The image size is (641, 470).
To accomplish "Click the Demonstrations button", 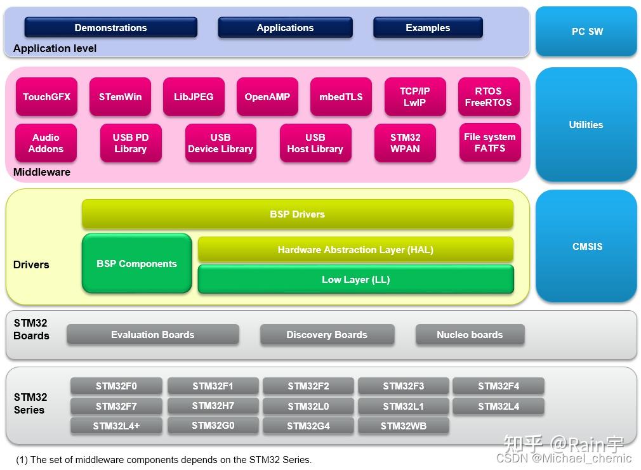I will tap(110, 28).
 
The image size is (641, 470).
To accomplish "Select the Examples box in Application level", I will tap(428, 28).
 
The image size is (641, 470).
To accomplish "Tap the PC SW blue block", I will tap(586, 32).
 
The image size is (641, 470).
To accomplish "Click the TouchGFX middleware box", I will tap(46, 97).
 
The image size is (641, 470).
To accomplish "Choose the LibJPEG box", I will tap(194, 97).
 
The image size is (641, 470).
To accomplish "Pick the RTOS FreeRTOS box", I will tap(488, 97).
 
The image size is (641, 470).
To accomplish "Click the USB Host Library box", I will tap(315, 143).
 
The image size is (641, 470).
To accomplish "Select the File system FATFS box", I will tap(489, 143).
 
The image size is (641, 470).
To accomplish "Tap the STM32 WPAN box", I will tap(405, 143).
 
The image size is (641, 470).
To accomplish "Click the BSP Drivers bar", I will tap(297, 214).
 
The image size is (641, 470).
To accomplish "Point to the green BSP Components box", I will tap(136, 264).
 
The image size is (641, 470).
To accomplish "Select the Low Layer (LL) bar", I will tap(355, 280).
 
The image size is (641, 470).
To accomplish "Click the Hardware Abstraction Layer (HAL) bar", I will tap(355, 250).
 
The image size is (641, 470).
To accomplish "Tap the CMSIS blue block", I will tap(586, 246).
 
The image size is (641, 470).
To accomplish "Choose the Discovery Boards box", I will tap(327, 335).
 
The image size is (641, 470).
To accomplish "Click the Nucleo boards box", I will tap(470, 335).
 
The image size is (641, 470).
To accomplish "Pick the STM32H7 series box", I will tap(213, 406).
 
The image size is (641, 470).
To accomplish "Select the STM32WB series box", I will tap(403, 426).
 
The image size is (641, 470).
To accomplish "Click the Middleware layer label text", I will tap(42, 173).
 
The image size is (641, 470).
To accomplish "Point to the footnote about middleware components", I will tap(164, 460).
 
